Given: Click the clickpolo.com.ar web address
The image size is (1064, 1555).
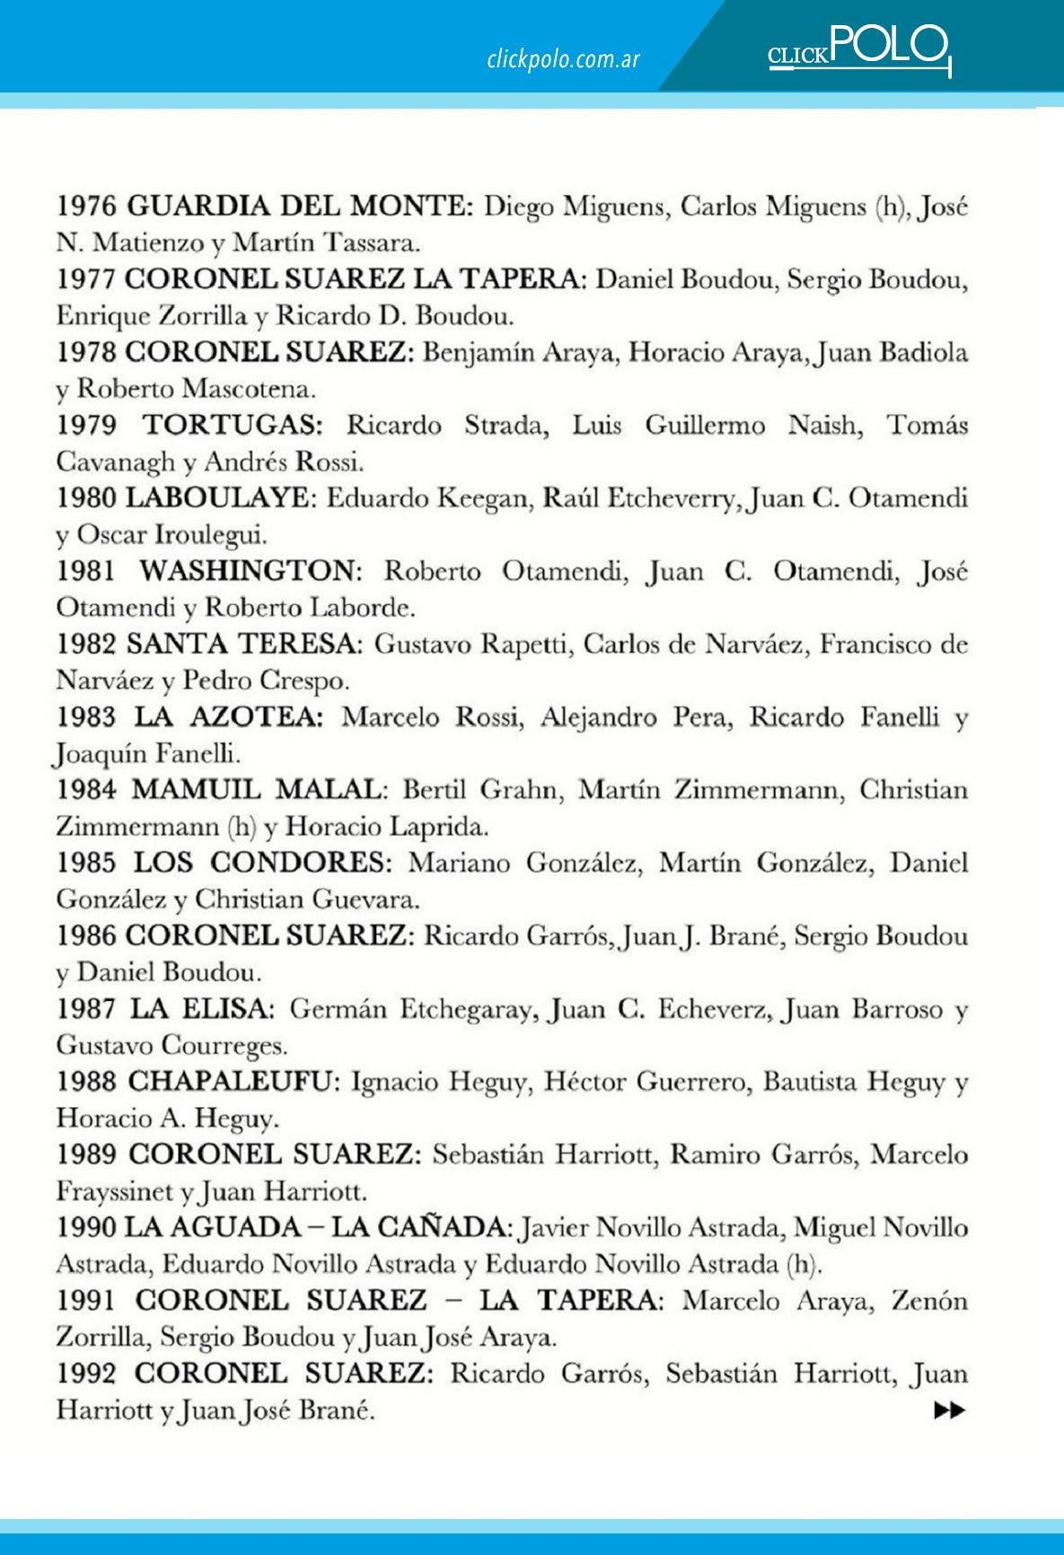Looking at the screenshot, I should [563, 59].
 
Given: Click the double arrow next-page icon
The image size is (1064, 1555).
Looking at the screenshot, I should [949, 1410].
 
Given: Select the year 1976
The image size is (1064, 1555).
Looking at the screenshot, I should [86, 206].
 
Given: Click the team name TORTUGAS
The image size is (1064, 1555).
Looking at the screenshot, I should [233, 425].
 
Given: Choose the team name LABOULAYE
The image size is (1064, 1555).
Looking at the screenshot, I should [221, 498].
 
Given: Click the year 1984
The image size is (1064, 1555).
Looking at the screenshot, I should [86, 790].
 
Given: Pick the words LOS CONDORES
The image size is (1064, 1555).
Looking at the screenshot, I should [263, 863].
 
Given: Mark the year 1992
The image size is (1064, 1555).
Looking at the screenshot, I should [86, 1374].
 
